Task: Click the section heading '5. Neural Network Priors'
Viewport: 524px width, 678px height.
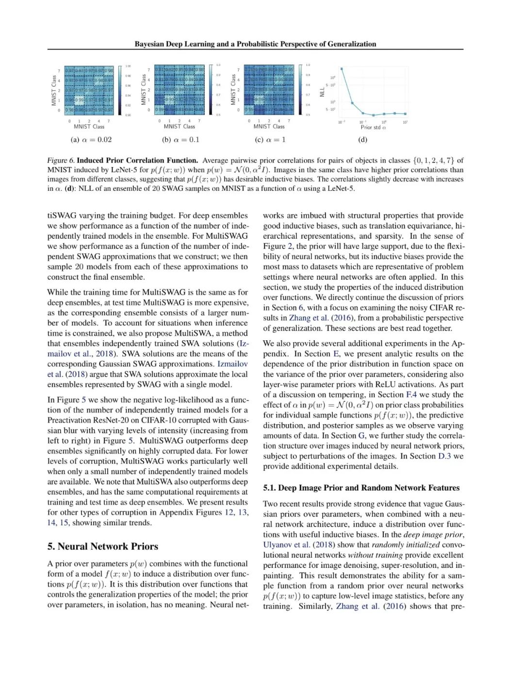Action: [103, 546]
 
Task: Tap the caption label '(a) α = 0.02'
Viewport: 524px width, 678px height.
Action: [91, 140]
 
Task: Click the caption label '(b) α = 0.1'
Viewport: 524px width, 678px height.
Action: [180, 140]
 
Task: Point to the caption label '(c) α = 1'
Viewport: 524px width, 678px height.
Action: [270, 140]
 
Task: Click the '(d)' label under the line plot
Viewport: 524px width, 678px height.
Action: [362, 140]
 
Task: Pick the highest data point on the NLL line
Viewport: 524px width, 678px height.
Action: [342, 69]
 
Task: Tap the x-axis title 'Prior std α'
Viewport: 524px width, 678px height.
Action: [373, 127]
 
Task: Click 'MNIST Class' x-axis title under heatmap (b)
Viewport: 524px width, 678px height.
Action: [180, 126]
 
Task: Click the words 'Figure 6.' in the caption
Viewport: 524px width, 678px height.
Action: [61, 161]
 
